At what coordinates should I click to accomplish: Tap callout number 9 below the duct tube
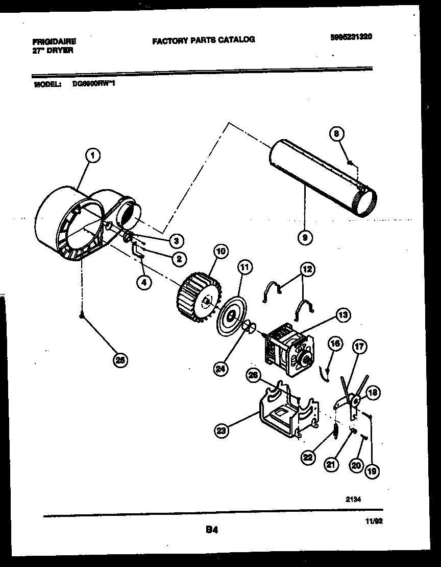click(305, 236)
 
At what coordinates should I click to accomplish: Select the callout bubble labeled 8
click(336, 134)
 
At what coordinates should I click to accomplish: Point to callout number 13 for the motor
click(342, 315)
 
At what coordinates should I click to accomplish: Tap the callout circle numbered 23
click(220, 432)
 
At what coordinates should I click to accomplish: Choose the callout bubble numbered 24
click(220, 367)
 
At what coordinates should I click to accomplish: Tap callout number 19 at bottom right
click(372, 471)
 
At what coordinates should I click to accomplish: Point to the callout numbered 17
click(359, 347)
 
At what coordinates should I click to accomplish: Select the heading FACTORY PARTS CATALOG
click(204, 39)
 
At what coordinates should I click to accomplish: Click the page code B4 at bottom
click(212, 531)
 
